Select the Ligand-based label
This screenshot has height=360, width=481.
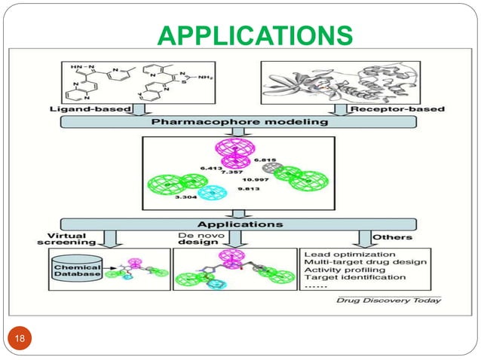(x=74, y=110)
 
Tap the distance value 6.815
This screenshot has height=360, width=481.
(x=266, y=160)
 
